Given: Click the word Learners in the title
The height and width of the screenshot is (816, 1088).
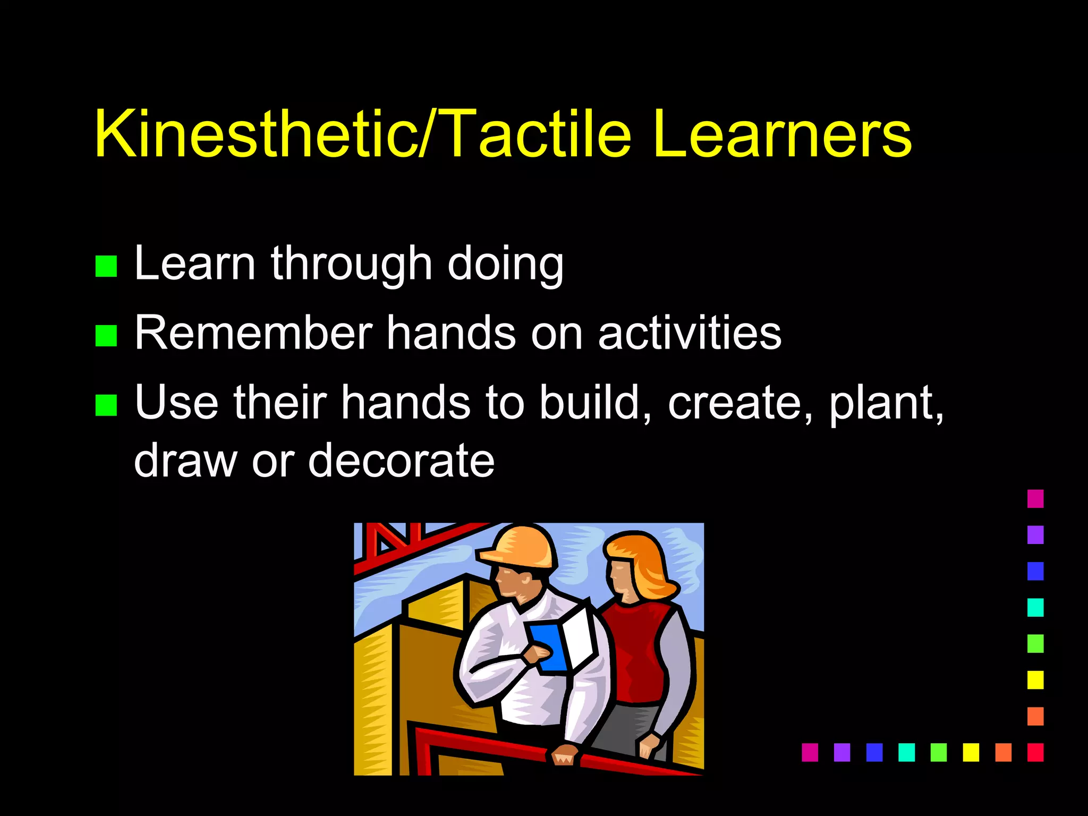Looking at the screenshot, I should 781,134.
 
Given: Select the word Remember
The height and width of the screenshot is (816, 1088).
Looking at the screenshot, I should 253,333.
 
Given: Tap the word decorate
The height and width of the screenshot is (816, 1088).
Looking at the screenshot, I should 401,460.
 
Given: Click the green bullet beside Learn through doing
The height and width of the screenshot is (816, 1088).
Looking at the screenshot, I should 106,266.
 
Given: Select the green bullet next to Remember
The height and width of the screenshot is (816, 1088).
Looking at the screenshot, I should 106,336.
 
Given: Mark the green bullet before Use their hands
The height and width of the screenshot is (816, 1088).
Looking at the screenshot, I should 106,405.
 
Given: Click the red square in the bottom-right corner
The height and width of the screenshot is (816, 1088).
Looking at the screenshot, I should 1035,752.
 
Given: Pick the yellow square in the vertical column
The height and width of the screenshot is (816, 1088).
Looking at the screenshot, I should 1035,680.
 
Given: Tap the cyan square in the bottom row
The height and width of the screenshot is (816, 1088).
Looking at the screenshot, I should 906,752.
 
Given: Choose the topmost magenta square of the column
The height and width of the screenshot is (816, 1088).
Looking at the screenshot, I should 1035,499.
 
